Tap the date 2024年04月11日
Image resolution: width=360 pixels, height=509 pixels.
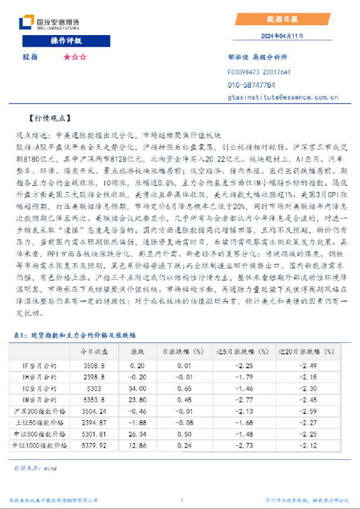tap(282, 36)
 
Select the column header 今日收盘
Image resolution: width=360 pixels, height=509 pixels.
tap(94, 351)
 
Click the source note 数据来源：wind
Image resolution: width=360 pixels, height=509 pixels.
tap(35, 468)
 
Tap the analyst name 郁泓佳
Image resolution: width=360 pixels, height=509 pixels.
tap(236, 57)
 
